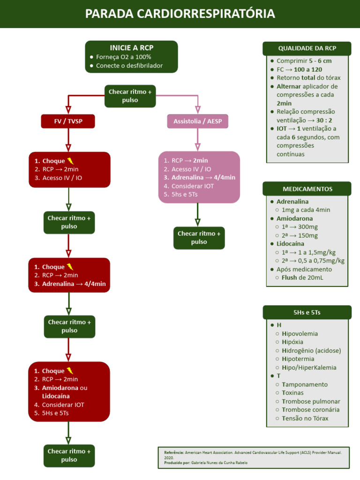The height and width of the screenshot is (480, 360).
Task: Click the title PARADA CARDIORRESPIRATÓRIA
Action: pos(180,14)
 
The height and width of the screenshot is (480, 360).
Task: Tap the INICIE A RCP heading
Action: pos(131,48)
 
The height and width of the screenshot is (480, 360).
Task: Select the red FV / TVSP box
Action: pos(68,121)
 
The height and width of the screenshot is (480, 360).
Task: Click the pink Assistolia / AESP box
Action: pos(197,121)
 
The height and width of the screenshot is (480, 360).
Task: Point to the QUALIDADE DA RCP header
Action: pos(307,48)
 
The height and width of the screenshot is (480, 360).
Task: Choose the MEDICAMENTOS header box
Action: pos(307,189)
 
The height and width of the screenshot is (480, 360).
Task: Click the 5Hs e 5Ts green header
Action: pos(307,312)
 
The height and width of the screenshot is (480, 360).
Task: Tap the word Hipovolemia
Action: pos(300,334)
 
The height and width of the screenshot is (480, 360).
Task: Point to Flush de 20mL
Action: pos(302,277)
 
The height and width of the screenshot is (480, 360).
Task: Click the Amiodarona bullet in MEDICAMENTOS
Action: pos(294,218)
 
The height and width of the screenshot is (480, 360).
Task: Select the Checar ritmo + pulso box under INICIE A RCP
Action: pos(130,96)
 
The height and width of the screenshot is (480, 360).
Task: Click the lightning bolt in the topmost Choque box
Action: pos(71,161)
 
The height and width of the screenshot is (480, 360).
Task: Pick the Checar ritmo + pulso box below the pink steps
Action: pos(199,238)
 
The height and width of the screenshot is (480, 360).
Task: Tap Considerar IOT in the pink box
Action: pos(192,186)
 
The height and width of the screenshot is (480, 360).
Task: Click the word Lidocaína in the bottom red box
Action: pos(56,396)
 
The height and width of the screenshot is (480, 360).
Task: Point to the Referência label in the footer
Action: pos(174,452)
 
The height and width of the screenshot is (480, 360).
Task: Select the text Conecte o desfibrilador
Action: pos(129,66)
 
